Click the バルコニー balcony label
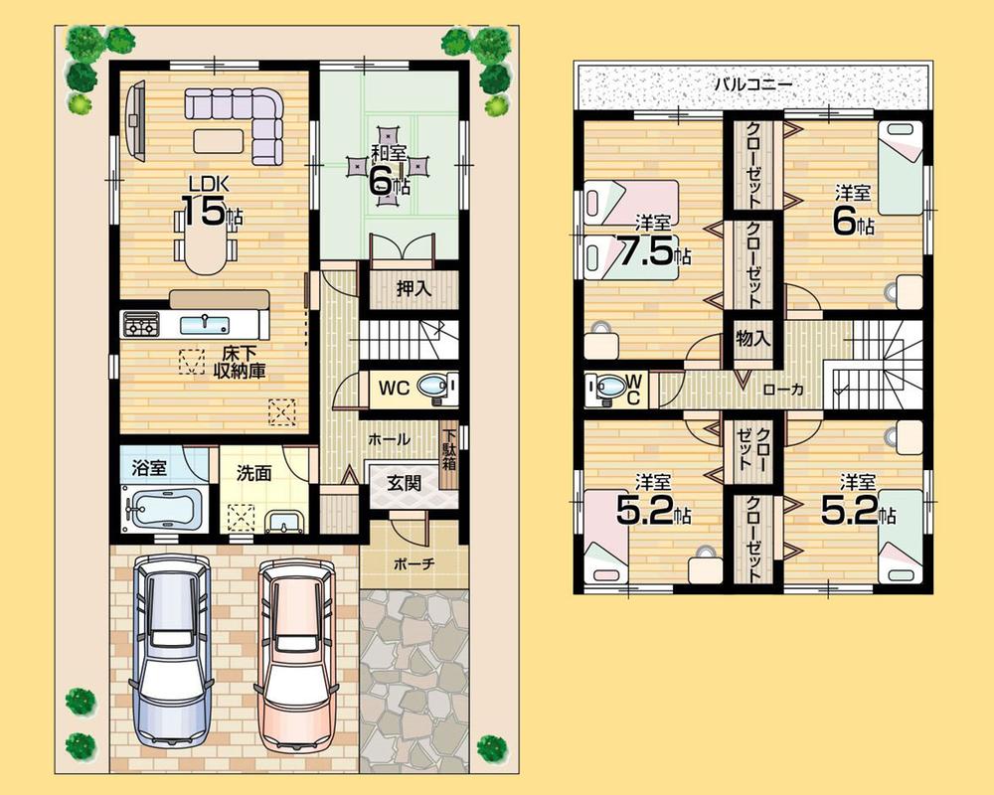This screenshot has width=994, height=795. pos(752,84)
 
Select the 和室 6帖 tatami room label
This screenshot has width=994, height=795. pos(389,169)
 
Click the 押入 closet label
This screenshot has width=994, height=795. pos(413,290)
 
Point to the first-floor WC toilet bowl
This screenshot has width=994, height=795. pos(432,388)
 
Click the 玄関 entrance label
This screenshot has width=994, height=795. pos(403,484)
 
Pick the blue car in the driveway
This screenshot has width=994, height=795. pos(172,651)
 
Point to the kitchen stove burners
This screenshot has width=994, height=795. pos(140,324)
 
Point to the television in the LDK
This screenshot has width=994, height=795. pos(135,119)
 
